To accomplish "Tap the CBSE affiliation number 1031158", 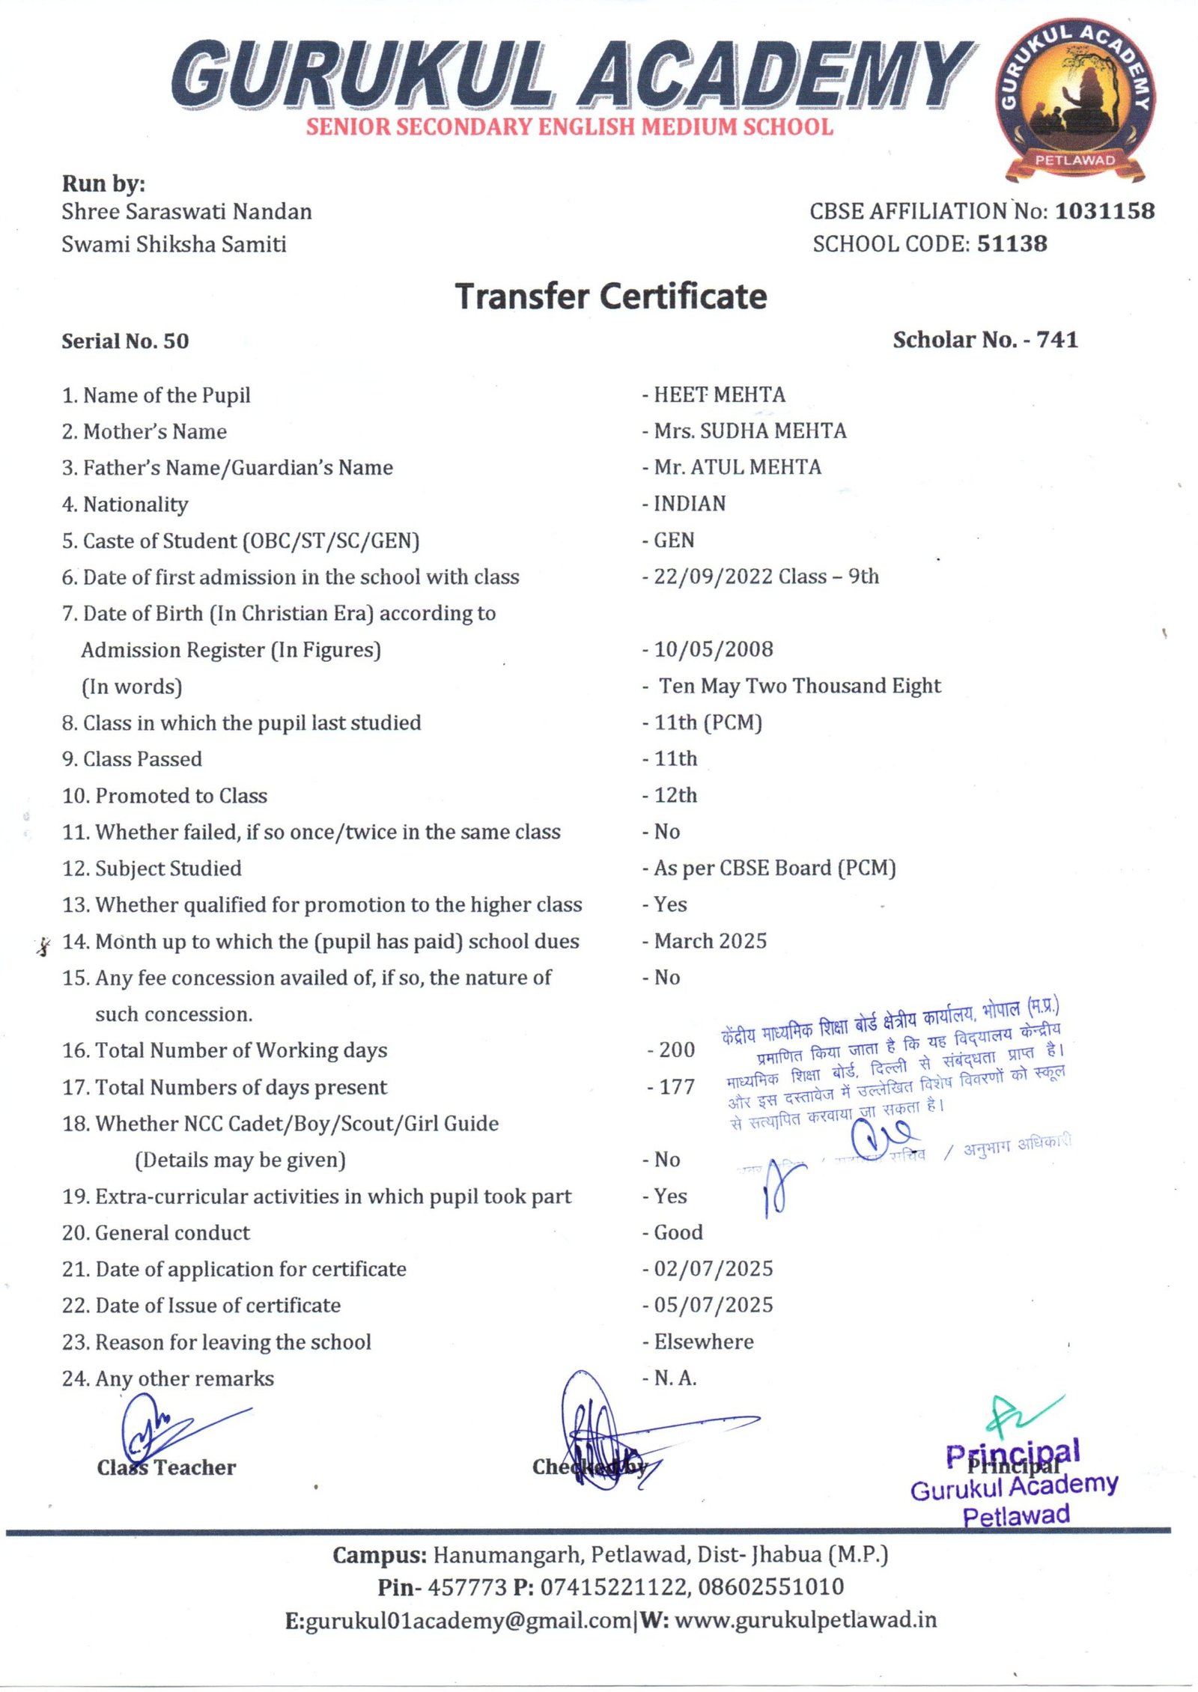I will (1104, 211).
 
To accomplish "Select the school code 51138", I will (1012, 243).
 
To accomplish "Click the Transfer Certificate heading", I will (611, 296).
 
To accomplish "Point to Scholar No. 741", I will (985, 340).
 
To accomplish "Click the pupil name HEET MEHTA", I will (719, 395).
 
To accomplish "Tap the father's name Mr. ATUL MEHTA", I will (737, 467).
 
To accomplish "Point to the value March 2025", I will (710, 941).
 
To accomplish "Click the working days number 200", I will (676, 1050).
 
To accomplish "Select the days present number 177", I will (676, 1086).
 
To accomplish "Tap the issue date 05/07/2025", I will (713, 1305).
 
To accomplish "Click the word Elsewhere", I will (703, 1342).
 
